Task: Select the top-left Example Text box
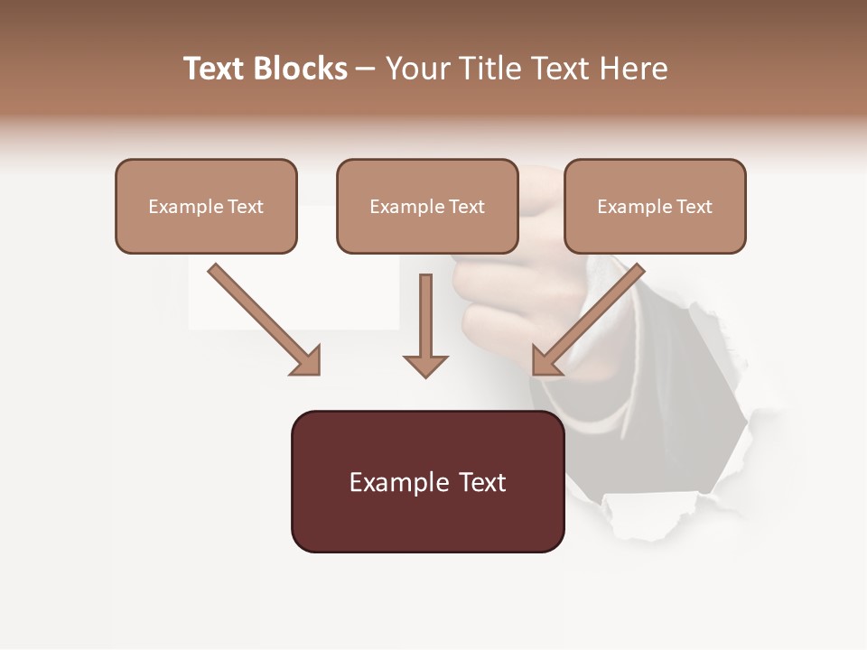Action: click(206, 206)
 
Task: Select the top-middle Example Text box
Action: click(427, 206)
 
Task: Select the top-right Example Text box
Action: click(655, 206)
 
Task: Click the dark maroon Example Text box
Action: click(427, 481)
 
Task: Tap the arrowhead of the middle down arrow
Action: click(425, 366)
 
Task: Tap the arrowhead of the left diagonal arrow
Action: click(307, 361)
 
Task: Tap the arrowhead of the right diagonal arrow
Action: click(545, 361)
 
